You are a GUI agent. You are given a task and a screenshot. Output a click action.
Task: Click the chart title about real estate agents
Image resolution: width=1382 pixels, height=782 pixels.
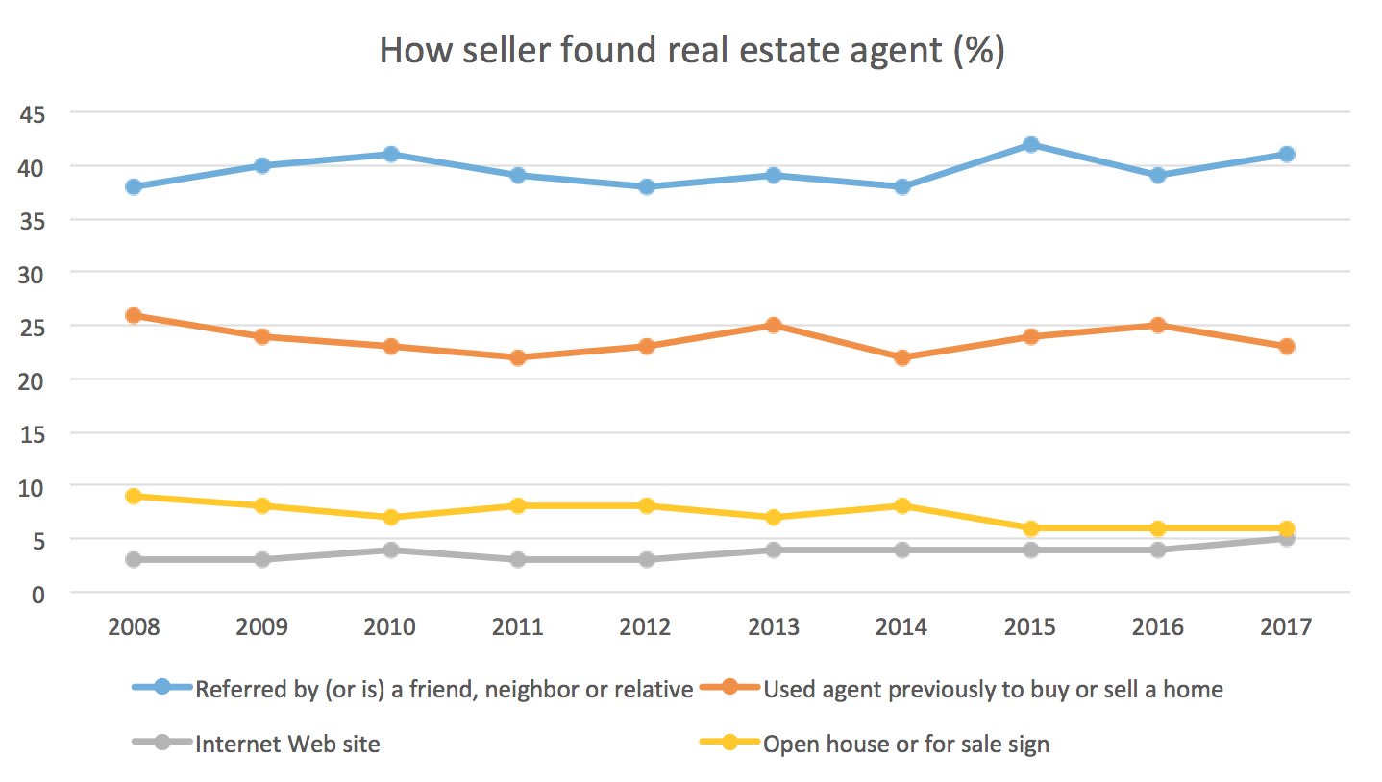pyautogui.click(x=691, y=51)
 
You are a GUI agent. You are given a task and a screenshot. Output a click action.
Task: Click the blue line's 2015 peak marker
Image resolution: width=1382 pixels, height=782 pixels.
pyautogui.click(x=1030, y=144)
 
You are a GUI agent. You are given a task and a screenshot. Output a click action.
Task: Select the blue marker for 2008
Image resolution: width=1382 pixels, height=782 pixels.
pyautogui.click(x=134, y=186)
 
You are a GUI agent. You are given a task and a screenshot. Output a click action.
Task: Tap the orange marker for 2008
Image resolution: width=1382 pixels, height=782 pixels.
pyautogui.click(x=134, y=315)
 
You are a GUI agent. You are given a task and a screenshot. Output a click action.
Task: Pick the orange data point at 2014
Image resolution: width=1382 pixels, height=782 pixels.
pyautogui.click(x=902, y=357)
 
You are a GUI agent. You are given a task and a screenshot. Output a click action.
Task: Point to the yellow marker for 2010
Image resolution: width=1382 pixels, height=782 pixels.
pyautogui.click(x=390, y=517)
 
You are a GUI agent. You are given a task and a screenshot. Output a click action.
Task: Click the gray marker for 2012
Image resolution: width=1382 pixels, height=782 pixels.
pyautogui.click(x=646, y=559)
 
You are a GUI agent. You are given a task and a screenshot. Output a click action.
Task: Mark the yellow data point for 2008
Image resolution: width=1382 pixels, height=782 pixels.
pyautogui.click(x=134, y=496)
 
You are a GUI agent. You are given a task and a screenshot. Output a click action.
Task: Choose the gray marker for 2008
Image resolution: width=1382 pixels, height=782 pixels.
pyautogui.click(x=134, y=559)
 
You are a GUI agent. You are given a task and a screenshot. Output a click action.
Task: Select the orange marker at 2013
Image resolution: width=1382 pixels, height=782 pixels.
pyautogui.click(x=774, y=326)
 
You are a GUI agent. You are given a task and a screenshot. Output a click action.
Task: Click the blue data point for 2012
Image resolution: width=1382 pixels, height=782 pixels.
pyautogui.click(x=646, y=186)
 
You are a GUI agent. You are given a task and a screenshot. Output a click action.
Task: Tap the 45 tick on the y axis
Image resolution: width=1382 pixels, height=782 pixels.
pyautogui.click(x=35, y=113)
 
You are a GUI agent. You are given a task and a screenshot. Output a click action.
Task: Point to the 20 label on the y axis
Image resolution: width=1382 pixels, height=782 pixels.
pyautogui.click(x=35, y=379)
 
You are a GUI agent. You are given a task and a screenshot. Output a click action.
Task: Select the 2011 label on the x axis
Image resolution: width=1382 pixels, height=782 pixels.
pyautogui.click(x=518, y=627)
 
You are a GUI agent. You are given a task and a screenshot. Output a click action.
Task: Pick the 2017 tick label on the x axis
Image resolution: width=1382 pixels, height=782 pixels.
pyautogui.click(x=1286, y=627)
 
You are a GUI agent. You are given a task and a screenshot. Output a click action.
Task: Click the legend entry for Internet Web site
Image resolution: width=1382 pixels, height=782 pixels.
pyautogui.click(x=287, y=744)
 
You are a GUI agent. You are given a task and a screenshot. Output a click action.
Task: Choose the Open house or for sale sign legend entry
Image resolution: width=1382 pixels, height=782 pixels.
pyautogui.click(x=905, y=744)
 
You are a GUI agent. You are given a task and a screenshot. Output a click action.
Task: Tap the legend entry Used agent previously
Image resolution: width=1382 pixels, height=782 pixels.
pyautogui.click(x=992, y=689)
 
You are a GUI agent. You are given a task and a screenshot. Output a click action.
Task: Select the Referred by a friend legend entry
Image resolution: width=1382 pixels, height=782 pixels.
pyautogui.click(x=443, y=689)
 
